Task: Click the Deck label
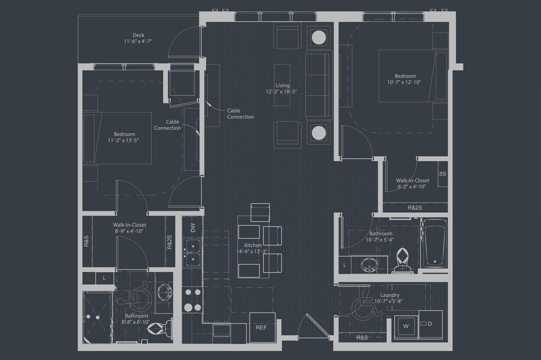coord(138,38)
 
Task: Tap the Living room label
coord(282,88)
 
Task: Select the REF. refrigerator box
coord(262,328)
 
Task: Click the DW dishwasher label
coord(193,228)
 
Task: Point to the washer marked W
coord(406,327)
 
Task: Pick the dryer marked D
coord(430,323)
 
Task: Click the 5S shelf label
coord(442,174)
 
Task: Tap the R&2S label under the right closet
coord(415,207)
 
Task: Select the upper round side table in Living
coord(319,37)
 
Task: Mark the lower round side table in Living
coord(319,132)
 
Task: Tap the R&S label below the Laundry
coord(362,337)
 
